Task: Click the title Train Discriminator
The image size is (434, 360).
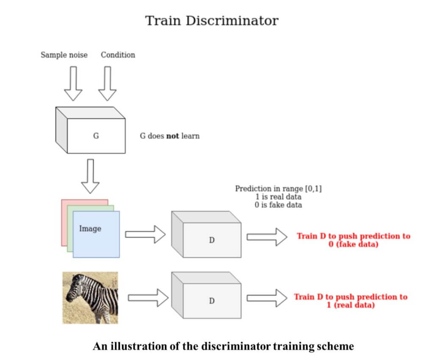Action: [x=212, y=20]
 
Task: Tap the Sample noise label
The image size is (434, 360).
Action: [x=64, y=55]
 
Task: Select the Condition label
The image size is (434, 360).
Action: [x=118, y=55]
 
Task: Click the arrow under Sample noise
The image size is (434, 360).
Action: [x=73, y=83]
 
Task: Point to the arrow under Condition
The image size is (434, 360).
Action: [x=107, y=83]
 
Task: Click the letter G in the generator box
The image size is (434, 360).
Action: [x=96, y=136]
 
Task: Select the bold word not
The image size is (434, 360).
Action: [x=172, y=136]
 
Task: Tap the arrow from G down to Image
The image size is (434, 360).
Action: [x=90, y=176]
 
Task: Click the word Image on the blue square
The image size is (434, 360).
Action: [x=90, y=229]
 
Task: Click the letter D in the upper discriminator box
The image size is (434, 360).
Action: [x=211, y=240]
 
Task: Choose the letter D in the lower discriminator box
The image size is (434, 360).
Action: [x=211, y=300]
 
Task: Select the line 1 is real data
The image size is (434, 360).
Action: [x=278, y=197]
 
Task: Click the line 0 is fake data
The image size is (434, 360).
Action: [x=278, y=205]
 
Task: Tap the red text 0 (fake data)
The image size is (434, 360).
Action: [x=353, y=244]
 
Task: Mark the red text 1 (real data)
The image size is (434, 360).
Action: [x=351, y=305]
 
